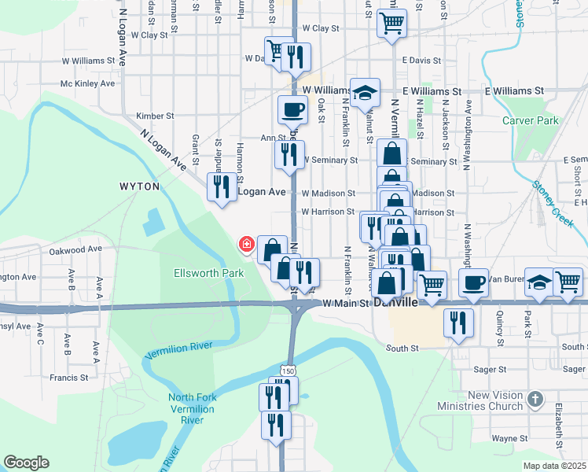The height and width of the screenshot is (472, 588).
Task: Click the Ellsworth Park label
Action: pos(208,273)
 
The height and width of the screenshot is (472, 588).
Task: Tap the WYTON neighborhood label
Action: pos(139,186)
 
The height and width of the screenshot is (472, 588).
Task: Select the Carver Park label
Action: pos(531,120)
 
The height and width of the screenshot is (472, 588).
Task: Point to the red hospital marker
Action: pos(247,245)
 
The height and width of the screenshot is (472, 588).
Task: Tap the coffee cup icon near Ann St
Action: pos(292,110)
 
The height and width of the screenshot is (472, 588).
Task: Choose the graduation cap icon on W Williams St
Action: pos(365,93)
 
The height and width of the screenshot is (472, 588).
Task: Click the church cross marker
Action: pos(536,400)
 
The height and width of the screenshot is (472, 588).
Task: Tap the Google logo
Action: pos(27,463)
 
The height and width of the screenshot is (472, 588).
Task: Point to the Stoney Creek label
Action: pos(553,204)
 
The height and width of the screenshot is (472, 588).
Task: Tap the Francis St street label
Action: pos(69,378)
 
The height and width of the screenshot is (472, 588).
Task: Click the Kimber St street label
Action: pos(154,116)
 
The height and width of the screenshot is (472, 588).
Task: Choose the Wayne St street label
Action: pos(509,438)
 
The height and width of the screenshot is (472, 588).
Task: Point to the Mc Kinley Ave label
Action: pos(88,83)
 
